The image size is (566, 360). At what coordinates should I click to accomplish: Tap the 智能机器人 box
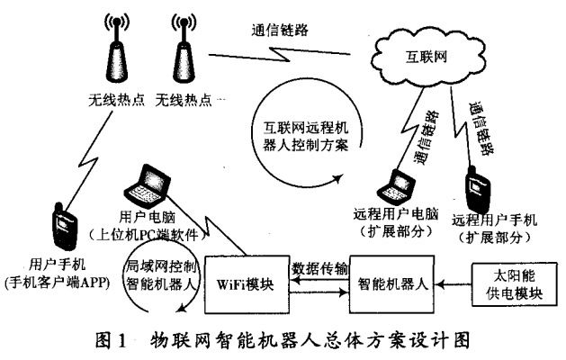393,282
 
